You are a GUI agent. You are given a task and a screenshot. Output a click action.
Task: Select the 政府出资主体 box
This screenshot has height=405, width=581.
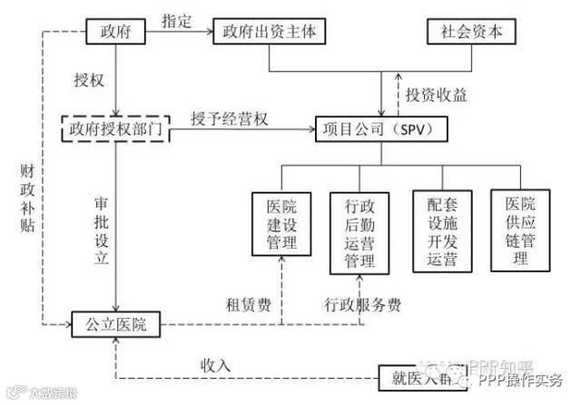(x=270, y=33)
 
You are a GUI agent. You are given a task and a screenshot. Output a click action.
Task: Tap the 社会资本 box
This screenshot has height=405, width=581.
(x=470, y=33)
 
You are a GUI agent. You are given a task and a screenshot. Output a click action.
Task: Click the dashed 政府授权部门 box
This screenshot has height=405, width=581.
(x=115, y=129)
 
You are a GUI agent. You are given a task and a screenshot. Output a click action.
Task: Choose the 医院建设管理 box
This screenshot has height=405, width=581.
(x=281, y=221)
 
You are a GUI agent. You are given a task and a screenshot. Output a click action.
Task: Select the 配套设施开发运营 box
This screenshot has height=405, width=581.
(x=439, y=231)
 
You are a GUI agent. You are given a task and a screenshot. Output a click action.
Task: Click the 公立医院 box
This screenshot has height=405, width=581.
(x=115, y=322)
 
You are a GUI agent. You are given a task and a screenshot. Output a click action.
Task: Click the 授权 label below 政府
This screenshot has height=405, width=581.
(x=88, y=79)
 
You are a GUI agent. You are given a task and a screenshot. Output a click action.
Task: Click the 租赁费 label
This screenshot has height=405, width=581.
(x=246, y=303)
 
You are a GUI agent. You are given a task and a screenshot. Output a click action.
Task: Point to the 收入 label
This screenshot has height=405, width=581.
(x=216, y=364)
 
